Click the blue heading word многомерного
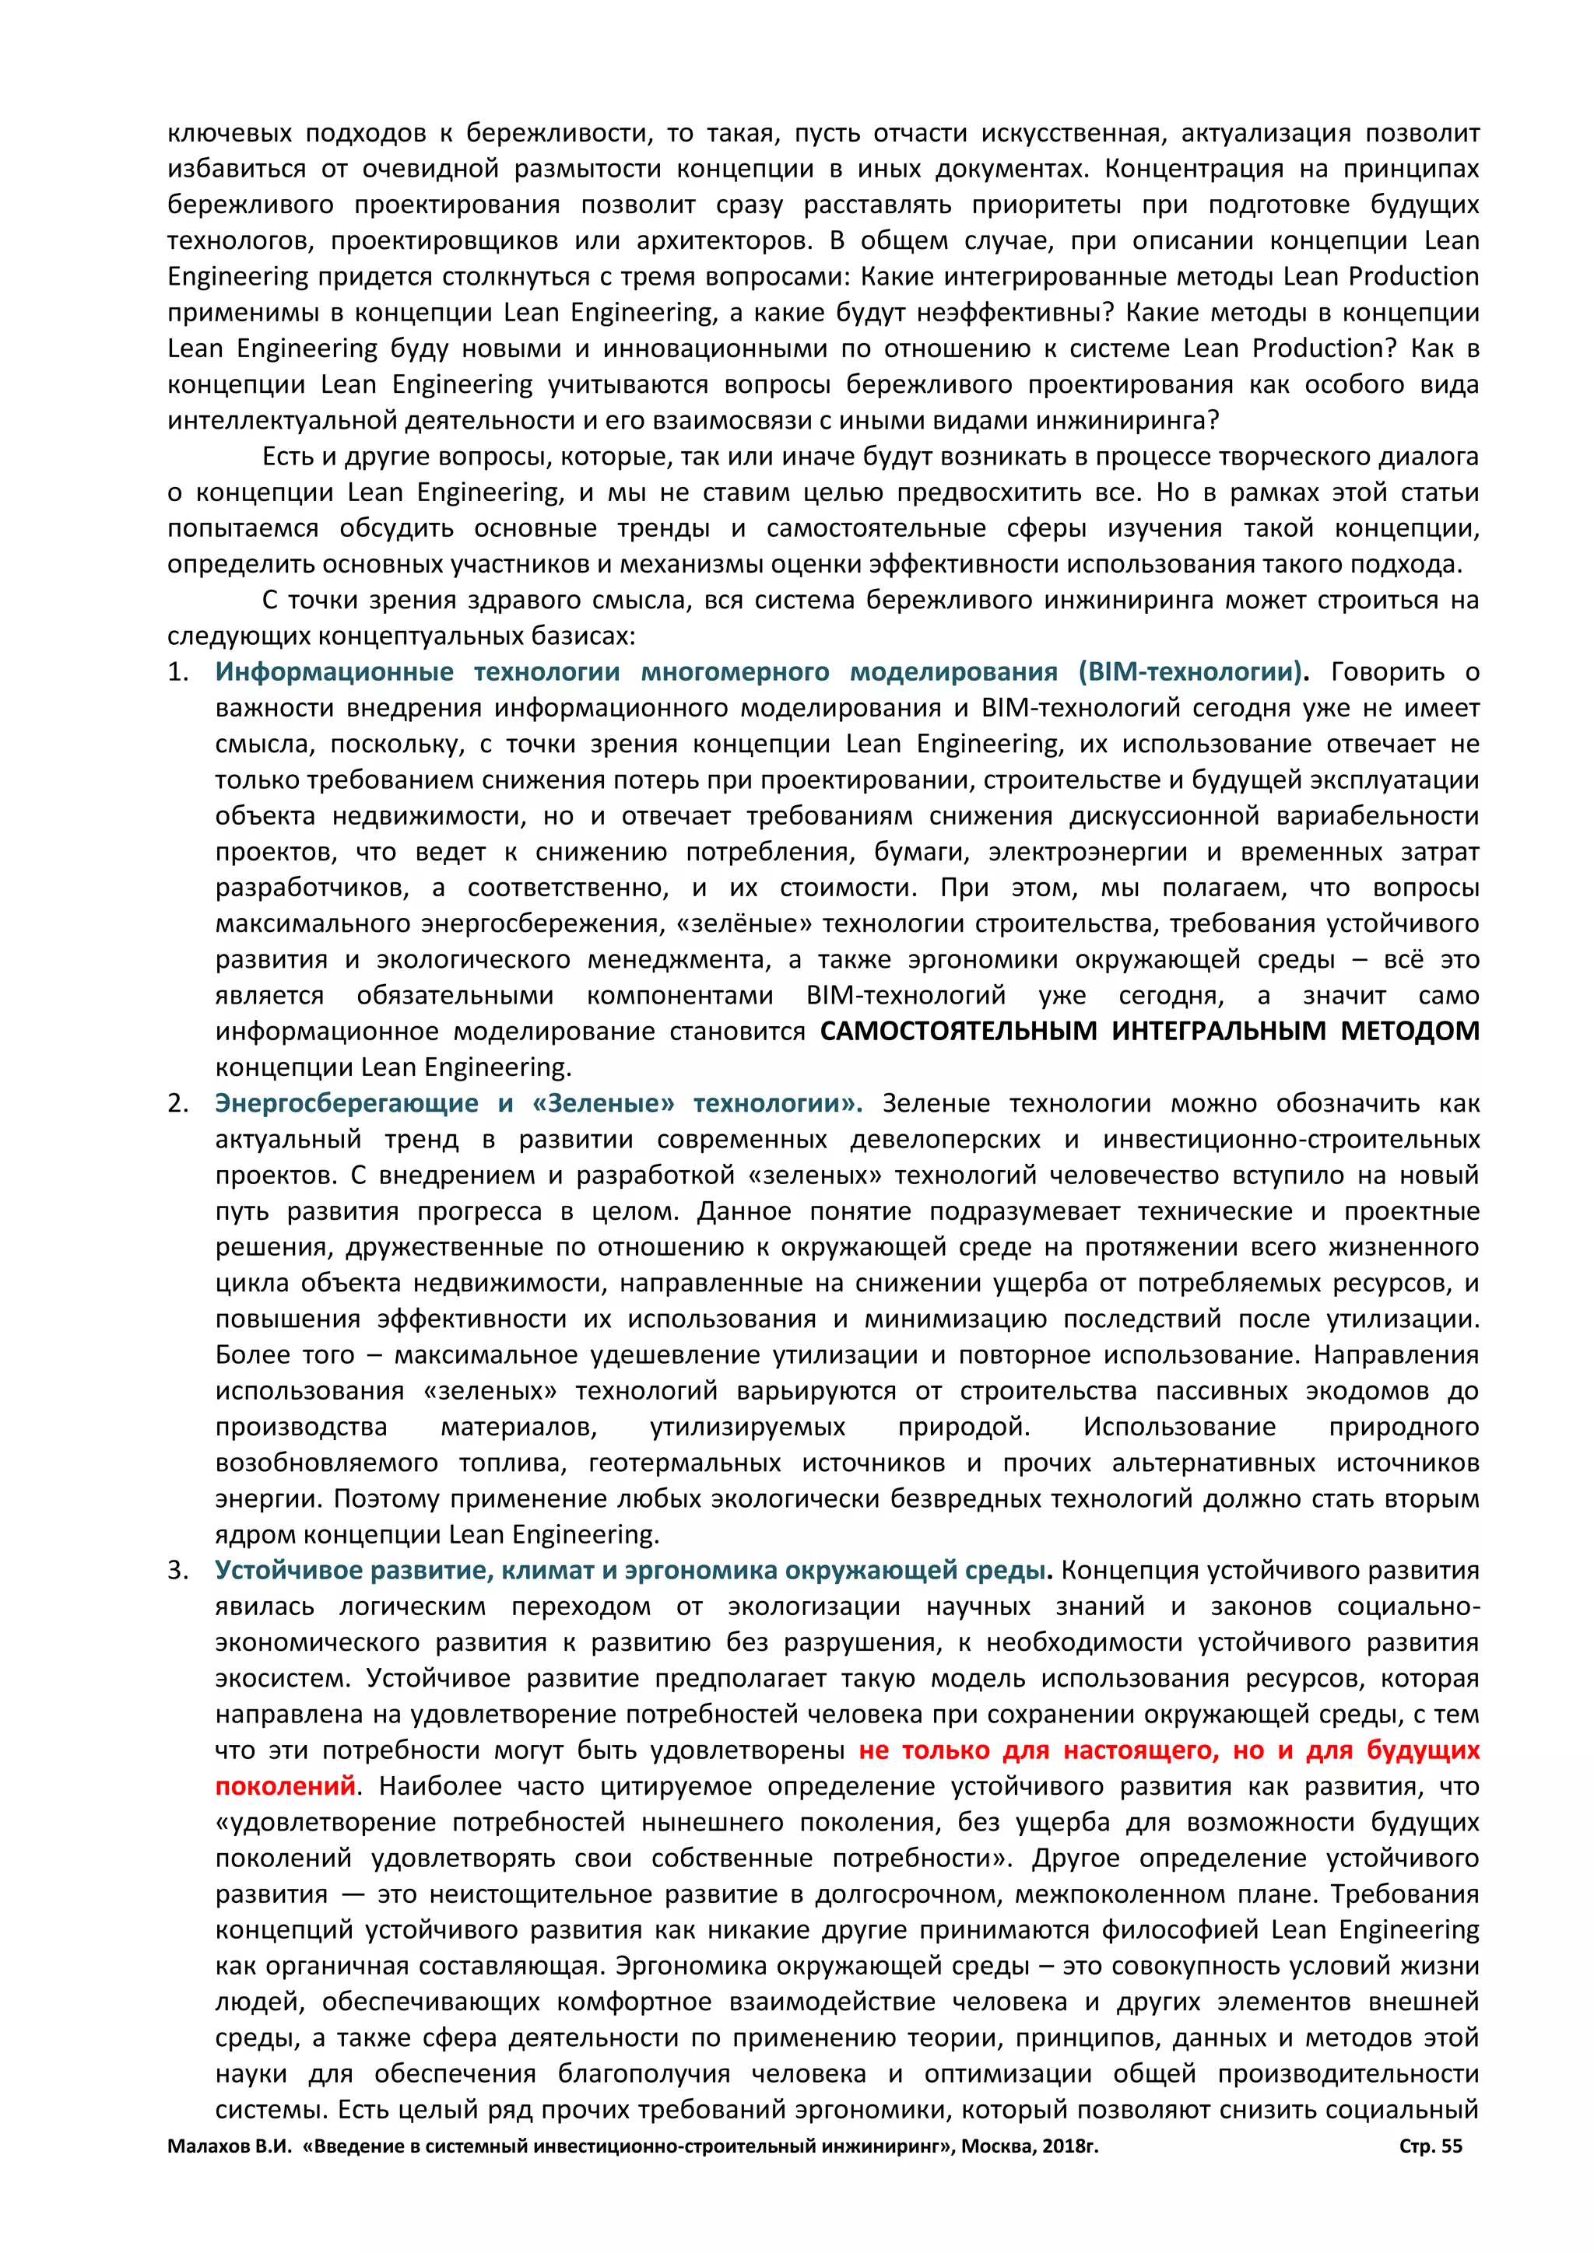pos(736,672)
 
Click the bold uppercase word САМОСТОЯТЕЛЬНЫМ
pos(958,1032)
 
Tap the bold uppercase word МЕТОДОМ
pos(1410,1032)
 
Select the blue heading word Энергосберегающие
pos(346,1104)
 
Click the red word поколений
pos(285,1786)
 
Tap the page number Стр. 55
pos(1430,2146)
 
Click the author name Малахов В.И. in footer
pos(230,2146)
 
